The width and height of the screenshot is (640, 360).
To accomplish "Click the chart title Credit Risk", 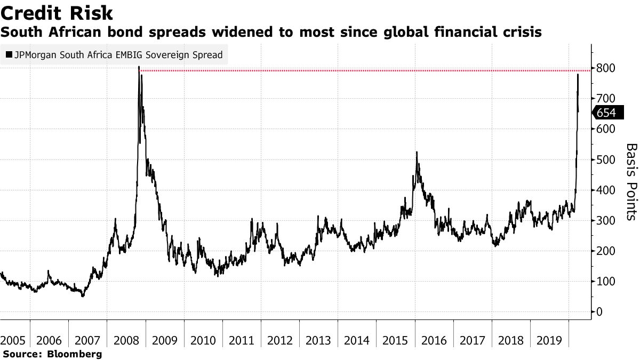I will pyautogui.click(x=57, y=12).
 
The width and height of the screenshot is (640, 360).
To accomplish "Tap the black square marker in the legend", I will pyautogui.click(x=9, y=55).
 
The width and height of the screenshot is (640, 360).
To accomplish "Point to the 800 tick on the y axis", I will pyautogui.click(x=606, y=68).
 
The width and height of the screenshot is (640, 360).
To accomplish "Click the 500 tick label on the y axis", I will pyautogui.click(x=606, y=160).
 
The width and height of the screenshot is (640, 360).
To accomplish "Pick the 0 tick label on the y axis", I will pyautogui.click(x=600, y=311).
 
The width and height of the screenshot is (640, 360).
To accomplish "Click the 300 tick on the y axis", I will pyautogui.click(x=606, y=220).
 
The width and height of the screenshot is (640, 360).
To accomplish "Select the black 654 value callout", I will pyautogui.click(x=606, y=113).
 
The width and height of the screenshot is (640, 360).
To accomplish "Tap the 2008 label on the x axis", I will pyautogui.click(x=126, y=340).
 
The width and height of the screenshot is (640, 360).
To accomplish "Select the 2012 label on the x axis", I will pyautogui.click(x=280, y=340).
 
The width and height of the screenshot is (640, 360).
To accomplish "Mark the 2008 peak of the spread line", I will pyautogui.click(x=139, y=67).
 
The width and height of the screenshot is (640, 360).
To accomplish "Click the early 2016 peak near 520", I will pyautogui.click(x=417, y=153).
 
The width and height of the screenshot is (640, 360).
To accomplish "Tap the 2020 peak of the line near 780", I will pyautogui.click(x=578, y=75).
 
